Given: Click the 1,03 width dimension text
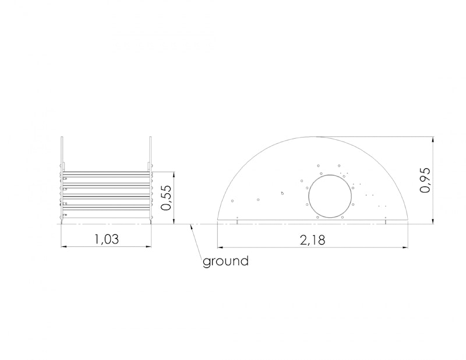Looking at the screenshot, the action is (x=106, y=239).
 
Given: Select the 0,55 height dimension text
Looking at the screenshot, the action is (x=167, y=197).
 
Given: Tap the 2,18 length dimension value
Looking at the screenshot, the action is (x=312, y=240).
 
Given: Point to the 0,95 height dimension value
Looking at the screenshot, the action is (x=425, y=180).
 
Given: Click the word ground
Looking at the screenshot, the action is (x=225, y=262).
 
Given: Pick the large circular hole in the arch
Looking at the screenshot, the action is (x=330, y=196).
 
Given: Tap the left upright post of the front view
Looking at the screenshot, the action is (x=62, y=180).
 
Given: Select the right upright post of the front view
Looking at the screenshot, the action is (x=150, y=180).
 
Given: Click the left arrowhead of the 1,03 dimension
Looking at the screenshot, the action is (x=64, y=246).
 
